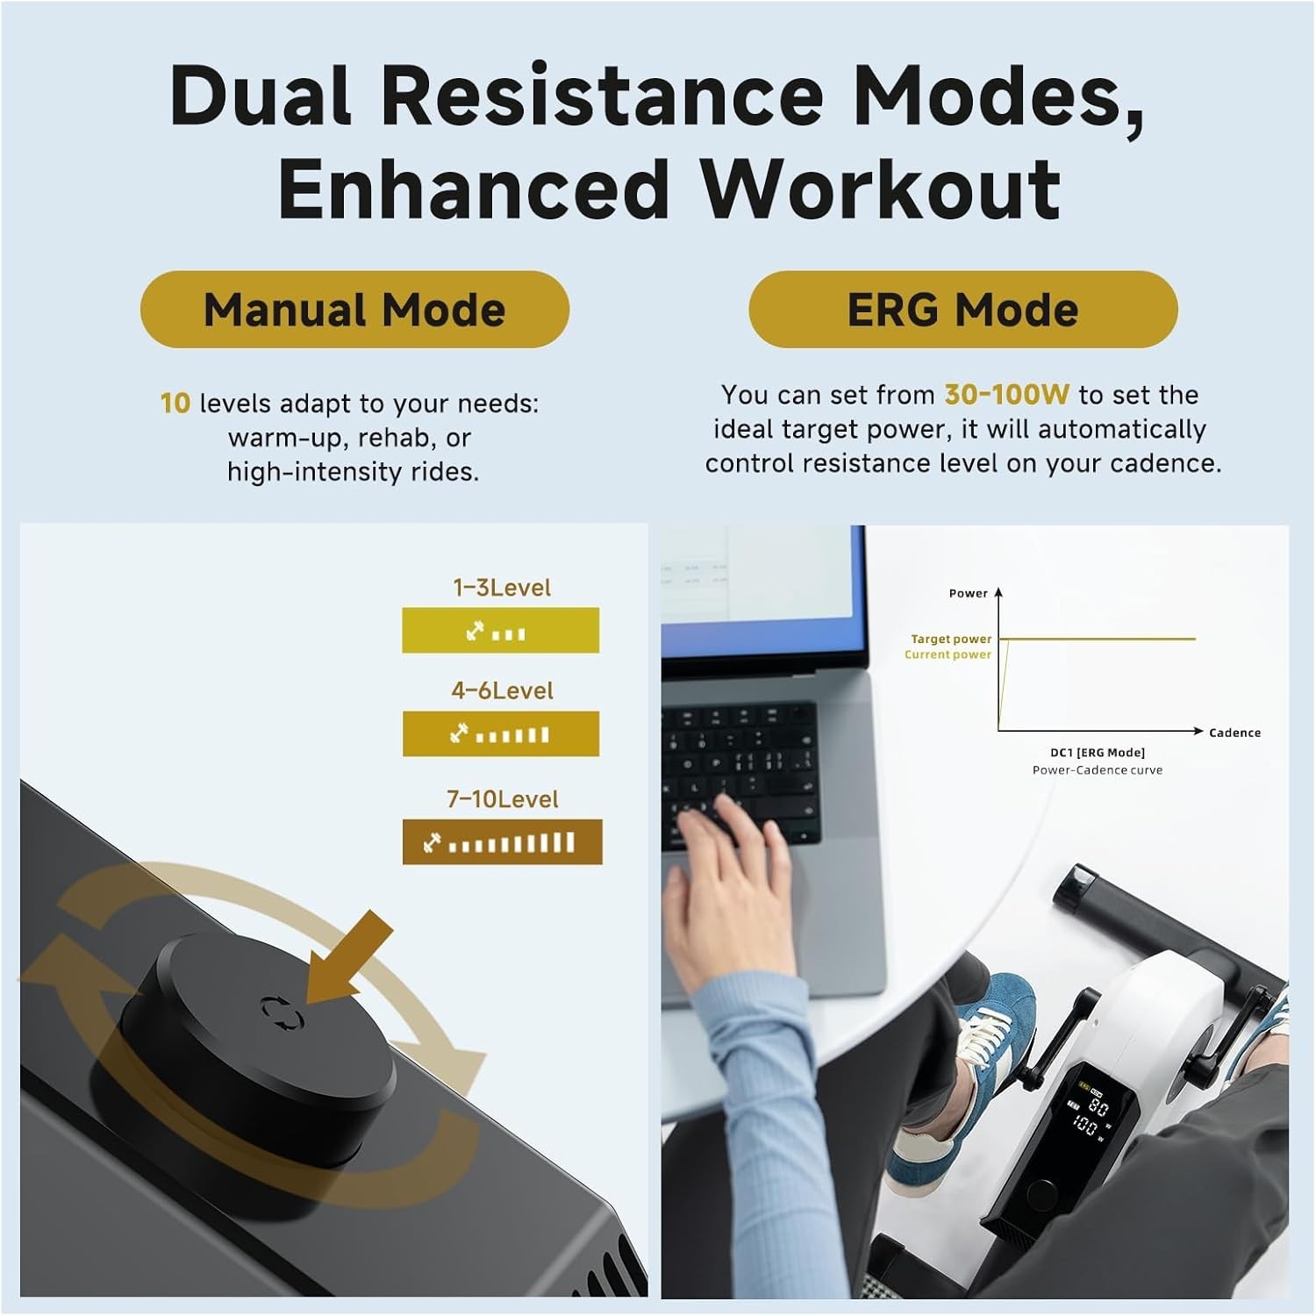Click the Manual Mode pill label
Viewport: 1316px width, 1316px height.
pyautogui.click(x=354, y=310)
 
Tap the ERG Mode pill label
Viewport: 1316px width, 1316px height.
pyautogui.click(x=962, y=310)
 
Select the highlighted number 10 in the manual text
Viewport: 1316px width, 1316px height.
pyautogui.click(x=175, y=404)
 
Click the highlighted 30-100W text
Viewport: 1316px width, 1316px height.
pyautogui.click(x=1006, y=395)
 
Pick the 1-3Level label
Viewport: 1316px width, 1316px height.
pyautogui.click(x=502, y=588)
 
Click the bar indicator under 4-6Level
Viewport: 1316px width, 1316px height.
pyautogui.click(x=501, y=733)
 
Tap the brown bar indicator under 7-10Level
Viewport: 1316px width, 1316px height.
pyautogui.click(x=503, y=842)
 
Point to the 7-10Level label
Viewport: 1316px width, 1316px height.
pyautogui.click(x=503, y=799)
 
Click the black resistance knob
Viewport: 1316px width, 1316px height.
pyautogui.click(x=259, y=1044)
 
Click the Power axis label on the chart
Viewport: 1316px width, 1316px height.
pyautogui.click(x=969, y=593)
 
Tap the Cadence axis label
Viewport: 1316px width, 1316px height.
pyautogui.click(x=1234, y=733)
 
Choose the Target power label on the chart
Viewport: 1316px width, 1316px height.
pyautogui.click(x=951, y=639)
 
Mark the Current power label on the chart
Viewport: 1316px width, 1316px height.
pyautogui.click(x=948, y=654)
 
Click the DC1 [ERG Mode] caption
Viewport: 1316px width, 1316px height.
pyautogui.click(x=1098, y=753)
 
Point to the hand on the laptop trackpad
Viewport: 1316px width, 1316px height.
pyautogui.click(x=728, y=886)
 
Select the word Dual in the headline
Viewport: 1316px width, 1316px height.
pyautogui.click(x=261, y=95)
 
